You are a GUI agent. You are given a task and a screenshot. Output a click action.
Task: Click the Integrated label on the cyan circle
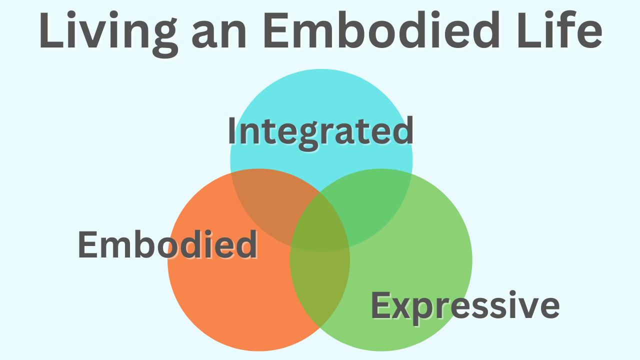(320, 131)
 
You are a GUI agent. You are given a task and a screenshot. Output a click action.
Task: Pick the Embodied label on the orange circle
(167, 245)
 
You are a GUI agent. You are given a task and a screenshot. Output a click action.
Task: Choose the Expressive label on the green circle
(465, 306)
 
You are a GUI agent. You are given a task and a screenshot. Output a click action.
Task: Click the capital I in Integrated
(232, 131)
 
